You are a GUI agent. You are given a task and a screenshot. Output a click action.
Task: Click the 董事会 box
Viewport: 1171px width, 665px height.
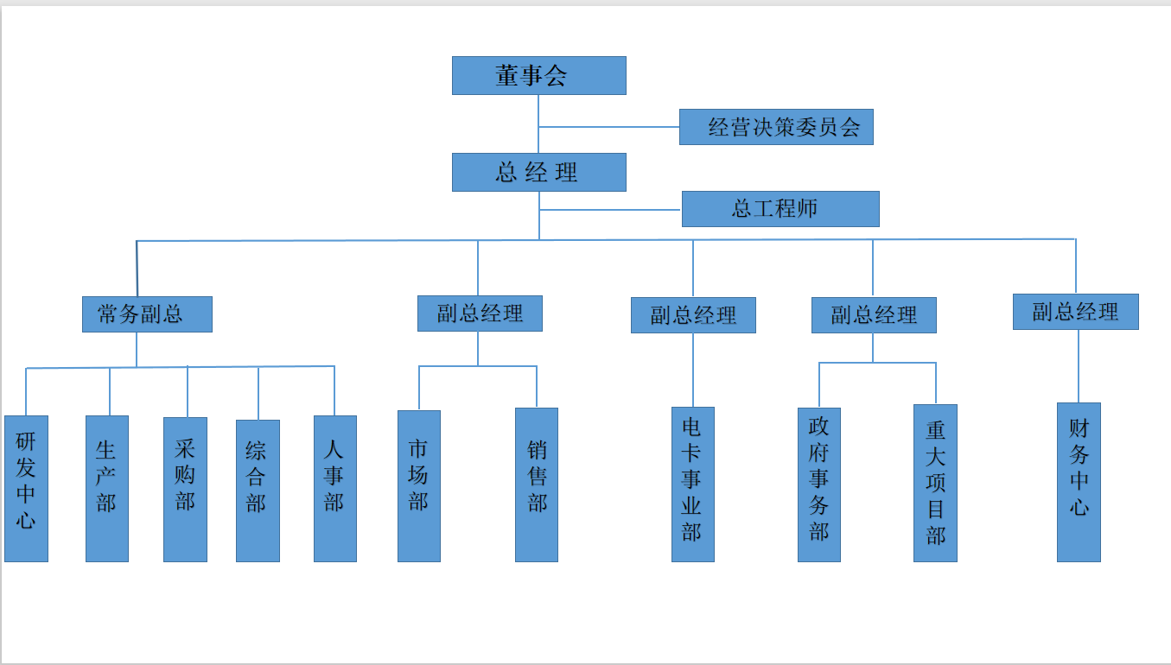[x=538, y=75]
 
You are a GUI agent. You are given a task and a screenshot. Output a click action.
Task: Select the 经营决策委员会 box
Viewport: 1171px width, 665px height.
[x=776, y=127]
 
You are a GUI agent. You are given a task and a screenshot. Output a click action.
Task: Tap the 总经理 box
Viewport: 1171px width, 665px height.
[x=538, y=172]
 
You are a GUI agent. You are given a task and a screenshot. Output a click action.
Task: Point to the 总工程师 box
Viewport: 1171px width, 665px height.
[x=780, y=209]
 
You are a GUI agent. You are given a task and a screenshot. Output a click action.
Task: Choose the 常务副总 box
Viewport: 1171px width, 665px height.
[x=147, y=314]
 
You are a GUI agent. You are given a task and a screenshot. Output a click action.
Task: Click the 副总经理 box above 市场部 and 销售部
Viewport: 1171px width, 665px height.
[x=480, y=313]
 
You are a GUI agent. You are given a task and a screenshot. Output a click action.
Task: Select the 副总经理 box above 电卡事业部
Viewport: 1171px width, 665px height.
[x=693, y=315]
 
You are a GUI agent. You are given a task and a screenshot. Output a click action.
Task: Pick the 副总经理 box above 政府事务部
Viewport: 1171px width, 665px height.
[x=874, y=315]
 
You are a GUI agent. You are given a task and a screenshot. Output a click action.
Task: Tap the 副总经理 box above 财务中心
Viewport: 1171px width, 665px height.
[x=1075, y=312]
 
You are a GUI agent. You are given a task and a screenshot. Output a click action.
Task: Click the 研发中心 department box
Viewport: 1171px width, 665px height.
[x=26, y=488]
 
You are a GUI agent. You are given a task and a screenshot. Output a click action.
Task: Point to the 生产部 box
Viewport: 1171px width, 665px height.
[x=107, y=488]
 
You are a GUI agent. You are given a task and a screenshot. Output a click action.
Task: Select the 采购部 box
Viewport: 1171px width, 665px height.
[x=185, y=488]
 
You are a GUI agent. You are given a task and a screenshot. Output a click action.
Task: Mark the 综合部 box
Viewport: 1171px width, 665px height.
[x=258, y=490]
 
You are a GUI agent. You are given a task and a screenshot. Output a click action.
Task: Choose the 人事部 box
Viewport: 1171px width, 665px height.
[x=335, y=488]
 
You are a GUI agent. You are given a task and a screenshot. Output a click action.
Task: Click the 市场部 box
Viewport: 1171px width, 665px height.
[x=419, y=485]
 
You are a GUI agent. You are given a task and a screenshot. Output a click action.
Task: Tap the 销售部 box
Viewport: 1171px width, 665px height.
[x=537, y=484]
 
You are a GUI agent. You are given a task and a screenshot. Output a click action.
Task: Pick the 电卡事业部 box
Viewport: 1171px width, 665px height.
[x=693, y=484]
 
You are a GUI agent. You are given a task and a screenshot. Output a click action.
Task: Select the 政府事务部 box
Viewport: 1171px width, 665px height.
[x=819, y=484]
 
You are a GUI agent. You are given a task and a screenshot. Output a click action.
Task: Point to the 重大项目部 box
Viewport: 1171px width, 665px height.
[x=935, y=483]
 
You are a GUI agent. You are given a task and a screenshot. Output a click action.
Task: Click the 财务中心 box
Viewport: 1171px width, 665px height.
[x=1079, y=482]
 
